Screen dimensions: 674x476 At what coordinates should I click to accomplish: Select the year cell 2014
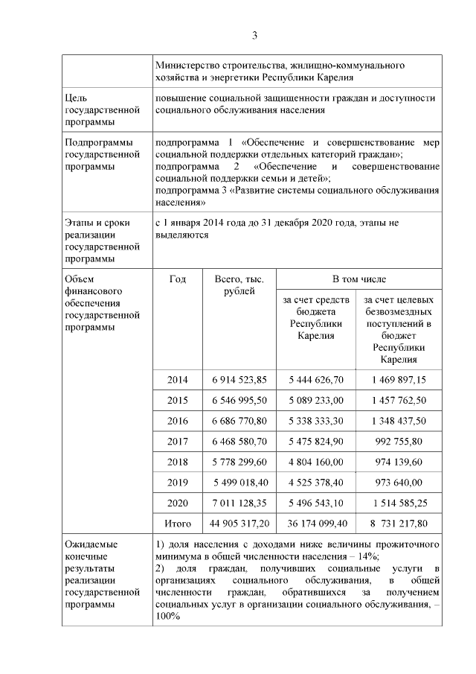coord(178,379)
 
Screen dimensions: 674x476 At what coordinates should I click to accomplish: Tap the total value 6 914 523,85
coord(239,379)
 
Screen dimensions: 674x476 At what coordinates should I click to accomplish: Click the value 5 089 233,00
coord(315,400)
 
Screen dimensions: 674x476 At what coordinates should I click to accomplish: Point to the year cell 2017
coord(178,441)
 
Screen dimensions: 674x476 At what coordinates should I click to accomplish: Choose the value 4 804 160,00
coord(315,462)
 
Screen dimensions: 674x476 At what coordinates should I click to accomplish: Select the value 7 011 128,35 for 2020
coord(239,503)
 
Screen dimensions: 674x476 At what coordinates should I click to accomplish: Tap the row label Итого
coord(178,524)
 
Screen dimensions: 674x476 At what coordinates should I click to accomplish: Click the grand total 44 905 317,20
coord(239,524)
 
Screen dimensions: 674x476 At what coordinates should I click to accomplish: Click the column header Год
coord(178,279)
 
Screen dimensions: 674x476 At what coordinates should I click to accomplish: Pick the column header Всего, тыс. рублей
coord(239,284)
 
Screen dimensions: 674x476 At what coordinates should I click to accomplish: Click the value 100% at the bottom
coord(168,617)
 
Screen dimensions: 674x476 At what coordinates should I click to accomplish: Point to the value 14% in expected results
coord(368,556)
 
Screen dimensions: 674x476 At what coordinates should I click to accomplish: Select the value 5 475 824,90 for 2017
coord(315,441)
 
